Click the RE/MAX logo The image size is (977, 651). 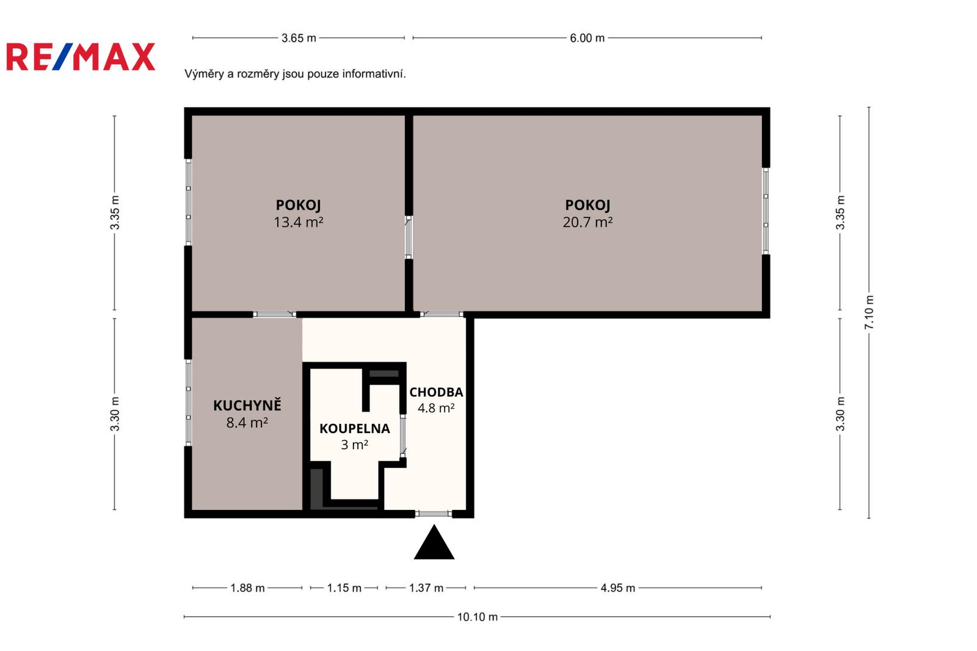(81, 57)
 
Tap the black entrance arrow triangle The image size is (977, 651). (434, 542)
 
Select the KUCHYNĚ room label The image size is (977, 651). (247, 406)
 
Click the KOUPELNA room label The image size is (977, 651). (355, 429)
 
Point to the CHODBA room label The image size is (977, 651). (436, 392)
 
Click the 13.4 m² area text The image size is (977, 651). (299, 222)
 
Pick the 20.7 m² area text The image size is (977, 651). (587, 222)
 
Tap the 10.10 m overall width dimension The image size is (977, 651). (477, 617)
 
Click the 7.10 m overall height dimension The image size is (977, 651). (870, 313)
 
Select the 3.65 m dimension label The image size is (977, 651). (299, 38)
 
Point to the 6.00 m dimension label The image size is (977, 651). (587, 38)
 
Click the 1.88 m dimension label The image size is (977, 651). (247, 588)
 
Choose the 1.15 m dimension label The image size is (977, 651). (344, 588)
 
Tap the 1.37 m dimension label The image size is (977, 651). (426, 588)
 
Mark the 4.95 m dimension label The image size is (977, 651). (617, 588)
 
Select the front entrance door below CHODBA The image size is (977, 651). (434, 514)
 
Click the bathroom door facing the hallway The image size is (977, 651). (403, 436)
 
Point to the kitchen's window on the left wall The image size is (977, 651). (189, 402)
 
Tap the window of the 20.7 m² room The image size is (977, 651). (766, 211)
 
